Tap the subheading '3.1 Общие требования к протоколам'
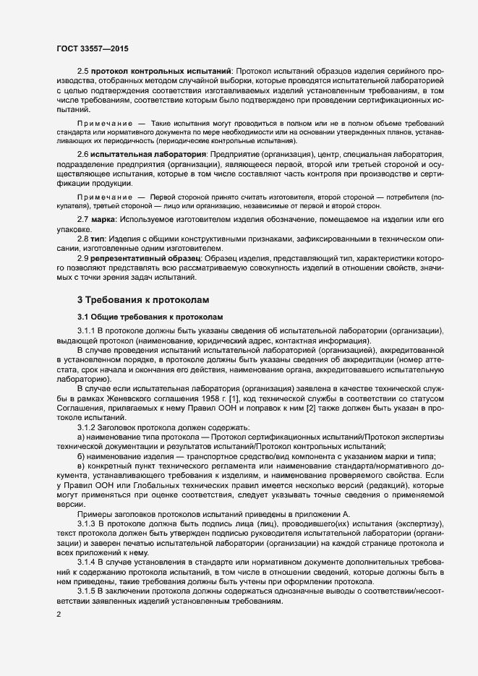[x=149, y=317]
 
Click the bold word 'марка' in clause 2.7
[x=103, y=218]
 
